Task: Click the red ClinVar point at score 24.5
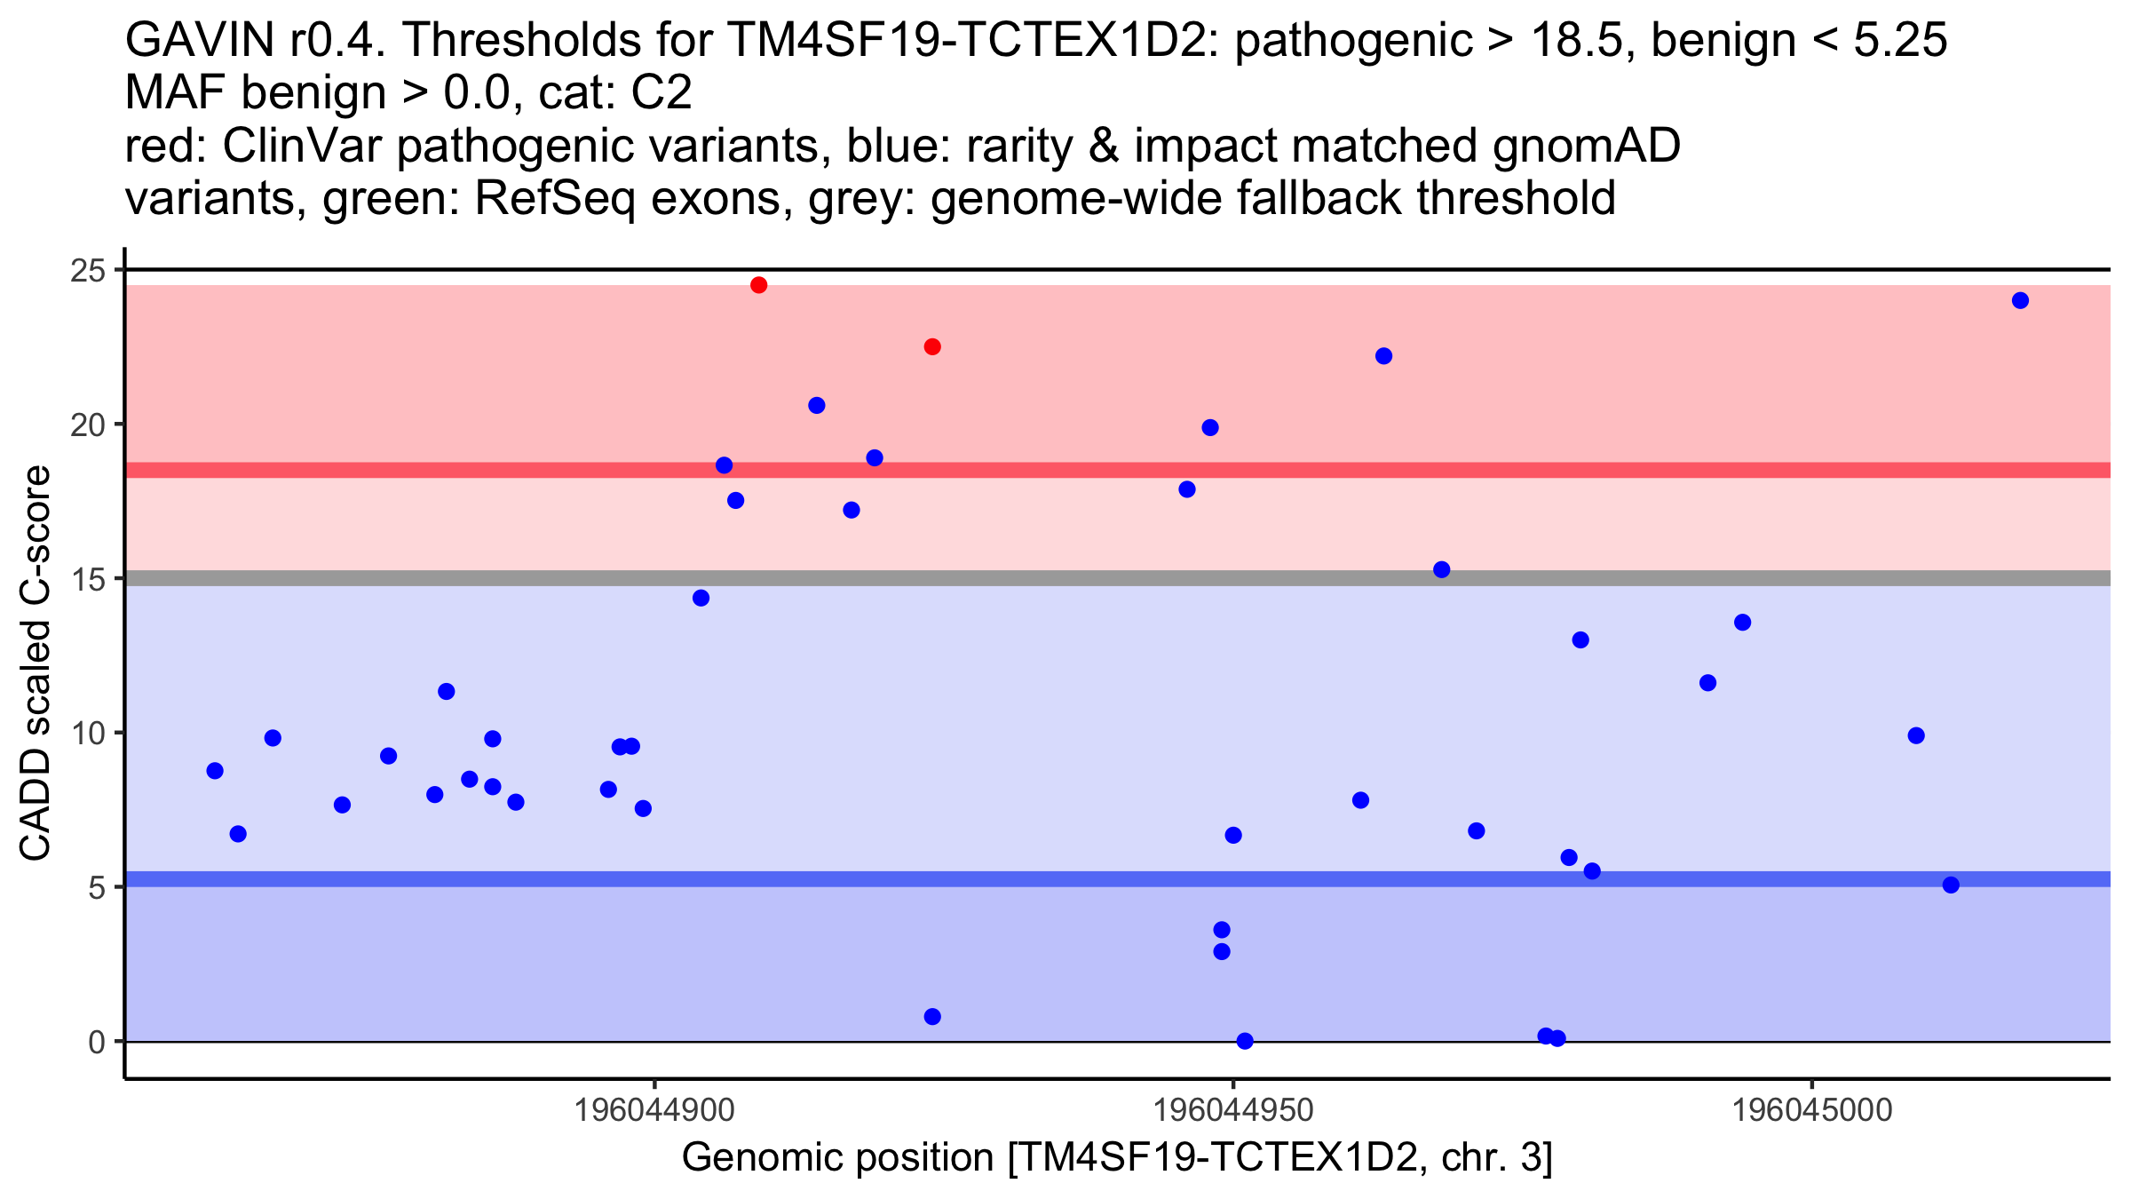click(x=758, y=285)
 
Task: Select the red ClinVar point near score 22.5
click(x=932, y=346)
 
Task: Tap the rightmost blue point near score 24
click(x=2020, y=300)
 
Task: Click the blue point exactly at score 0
click(x=1245, y=1041)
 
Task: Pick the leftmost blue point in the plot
click(x=215, y=771)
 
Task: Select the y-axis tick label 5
click(x=97, y=887)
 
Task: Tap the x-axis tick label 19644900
click(x=654, y=1110)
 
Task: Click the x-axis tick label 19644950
click(x=1232, y=1110)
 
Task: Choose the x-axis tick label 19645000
click(x=1811, y=1110)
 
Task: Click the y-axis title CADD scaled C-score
click(x=36, y=663)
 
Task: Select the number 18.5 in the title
click(x=1585, y=40)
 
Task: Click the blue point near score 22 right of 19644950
click(x=1383, y=356)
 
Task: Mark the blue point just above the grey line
click(x=1442, y=569)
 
